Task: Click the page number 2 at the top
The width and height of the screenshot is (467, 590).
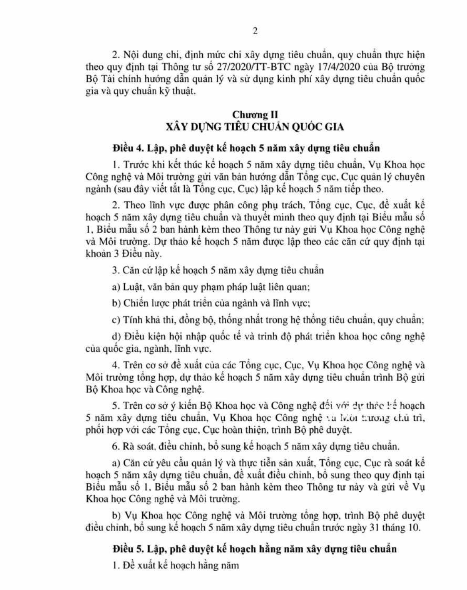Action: coord(255,31)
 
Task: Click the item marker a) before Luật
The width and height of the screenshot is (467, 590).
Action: coord(116,287)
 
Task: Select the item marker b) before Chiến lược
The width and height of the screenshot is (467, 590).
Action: coord(116,303)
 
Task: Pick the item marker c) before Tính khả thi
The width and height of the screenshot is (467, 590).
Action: coord(116,320)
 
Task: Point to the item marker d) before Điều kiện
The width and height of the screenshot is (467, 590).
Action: coord(116,336)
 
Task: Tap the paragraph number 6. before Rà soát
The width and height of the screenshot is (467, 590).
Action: coord(116,446)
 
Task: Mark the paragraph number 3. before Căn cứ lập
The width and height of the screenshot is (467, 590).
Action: coord(116,270)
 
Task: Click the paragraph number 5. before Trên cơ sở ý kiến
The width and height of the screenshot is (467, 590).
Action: coord(116,406)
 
